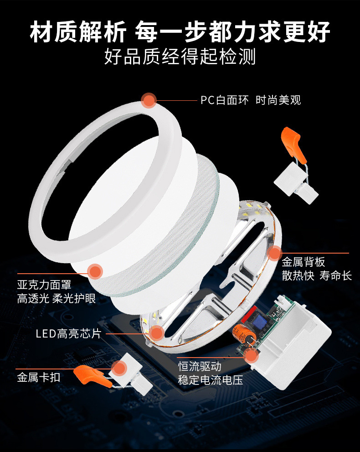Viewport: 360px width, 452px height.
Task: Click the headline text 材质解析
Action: click(x=78, y=31)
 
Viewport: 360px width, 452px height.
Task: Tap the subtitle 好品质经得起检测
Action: click(x=180, y=56)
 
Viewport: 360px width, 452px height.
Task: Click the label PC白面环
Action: click(x=224, y=100)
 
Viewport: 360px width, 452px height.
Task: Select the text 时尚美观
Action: click(x=278, y=100)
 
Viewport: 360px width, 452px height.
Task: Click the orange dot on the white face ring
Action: click(x=149, y=101)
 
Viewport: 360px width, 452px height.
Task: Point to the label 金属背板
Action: click(x=303, y=262)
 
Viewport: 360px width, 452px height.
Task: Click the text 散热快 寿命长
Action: click(x=317, y=275)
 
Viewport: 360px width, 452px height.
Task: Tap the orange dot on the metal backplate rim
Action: click(x=274, y=254)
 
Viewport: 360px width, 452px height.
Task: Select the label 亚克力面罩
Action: click(x=44, y=285)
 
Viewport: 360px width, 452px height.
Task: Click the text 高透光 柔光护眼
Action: click(x=57, y=298)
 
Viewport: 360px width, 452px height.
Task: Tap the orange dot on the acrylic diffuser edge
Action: click(x=95, y=271)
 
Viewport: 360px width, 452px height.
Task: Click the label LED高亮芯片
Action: click(x=68, y=334)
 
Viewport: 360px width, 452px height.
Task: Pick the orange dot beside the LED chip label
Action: click(x=157, y=333)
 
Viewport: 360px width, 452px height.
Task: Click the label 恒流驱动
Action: click(x=200, y=366)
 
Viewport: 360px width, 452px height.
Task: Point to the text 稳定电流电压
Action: click(x=211, y=380)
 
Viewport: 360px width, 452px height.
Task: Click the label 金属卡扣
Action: click(x=39, y=377)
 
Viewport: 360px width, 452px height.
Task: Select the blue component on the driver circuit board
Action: click(x=261, y=320)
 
